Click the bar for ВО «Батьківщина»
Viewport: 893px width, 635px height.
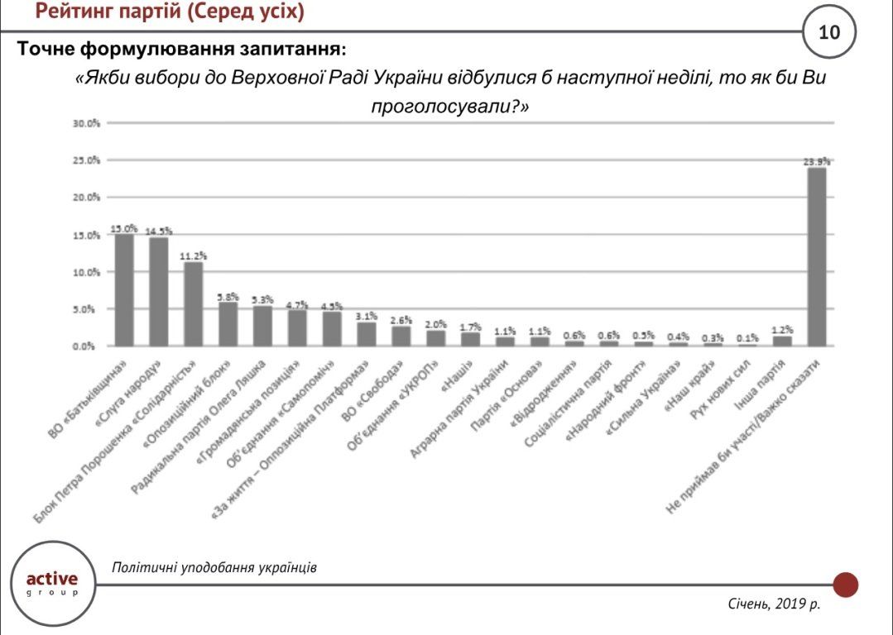124,289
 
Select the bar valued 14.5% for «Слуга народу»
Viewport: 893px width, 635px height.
159,291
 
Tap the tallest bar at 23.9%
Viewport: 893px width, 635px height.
816,256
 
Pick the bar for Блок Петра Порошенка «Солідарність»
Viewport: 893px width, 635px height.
194,303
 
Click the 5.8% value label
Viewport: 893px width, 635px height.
228,296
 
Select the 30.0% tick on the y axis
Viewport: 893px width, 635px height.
86,123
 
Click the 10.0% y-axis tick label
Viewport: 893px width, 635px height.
86,272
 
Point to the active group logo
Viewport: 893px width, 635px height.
52,582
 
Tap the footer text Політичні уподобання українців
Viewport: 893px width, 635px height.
214,568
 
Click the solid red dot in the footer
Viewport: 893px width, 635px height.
845,585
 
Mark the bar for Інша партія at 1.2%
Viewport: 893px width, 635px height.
781,341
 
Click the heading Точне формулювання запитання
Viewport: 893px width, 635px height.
178,49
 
